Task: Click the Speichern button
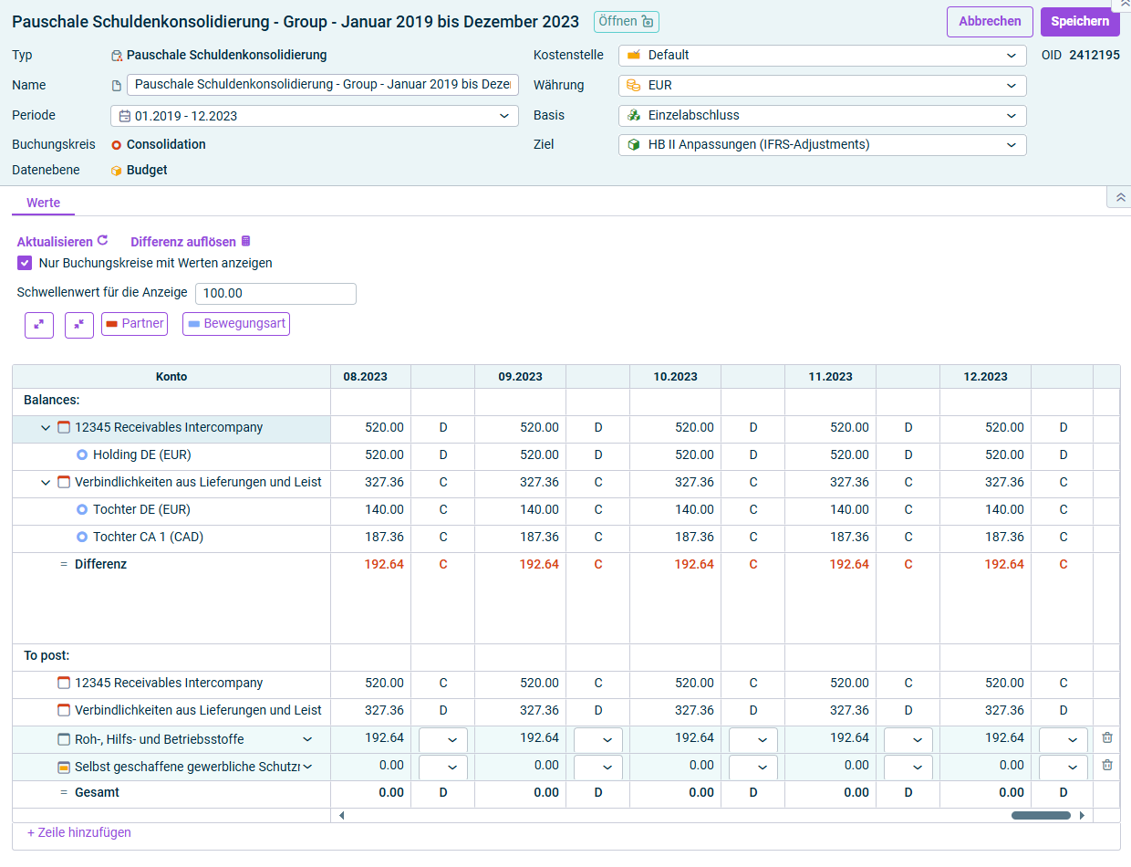pyautogui.click(x=1080, y=21)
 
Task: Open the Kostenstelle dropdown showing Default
pyautogui.click(x=822, y=55)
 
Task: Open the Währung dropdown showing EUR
pyautogui.click(x=822, y=86)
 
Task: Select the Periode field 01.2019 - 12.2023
pyautogui.click(x=314, y=116)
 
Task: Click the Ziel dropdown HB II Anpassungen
pyautogui.click(x=822, y=145)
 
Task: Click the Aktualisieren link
pyautogui.click(x=62, y=242)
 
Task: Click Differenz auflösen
pyautogui.click(x=191, y=242)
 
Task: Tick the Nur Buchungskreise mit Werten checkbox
pyautogui.click(x=25, y=263)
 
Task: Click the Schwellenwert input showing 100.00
pyautogui.click(x=275, y=293)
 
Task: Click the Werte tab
pyautogui.click(x=43, y=203)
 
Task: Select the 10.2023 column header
pyautogui.click(x=675, y=377)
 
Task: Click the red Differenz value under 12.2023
pyautogui.click(x=1004, y=564)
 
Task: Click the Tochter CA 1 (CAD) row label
pyautogui.click(x=148, y=537)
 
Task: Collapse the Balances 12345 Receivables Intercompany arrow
pyautogui.click(x=46, y=428)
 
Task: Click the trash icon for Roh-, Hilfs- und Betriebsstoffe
pyautogui.click(x=1107, y=737)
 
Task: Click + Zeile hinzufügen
pyautogui.click(x=78, y=832)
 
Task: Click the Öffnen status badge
pyautogui.click(x=626, y=22)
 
